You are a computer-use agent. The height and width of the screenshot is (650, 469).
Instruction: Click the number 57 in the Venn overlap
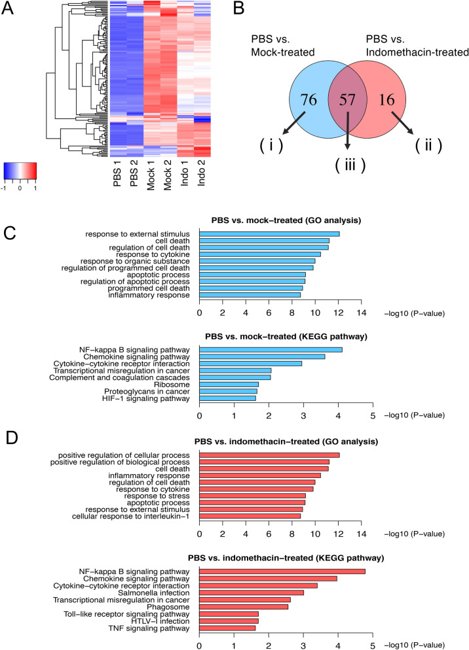click(x=348, y=100)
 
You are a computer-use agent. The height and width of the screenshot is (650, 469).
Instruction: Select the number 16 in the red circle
click(x=394, y=100)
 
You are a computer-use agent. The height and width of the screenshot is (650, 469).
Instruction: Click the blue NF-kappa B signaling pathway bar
click(x=271, y=350)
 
